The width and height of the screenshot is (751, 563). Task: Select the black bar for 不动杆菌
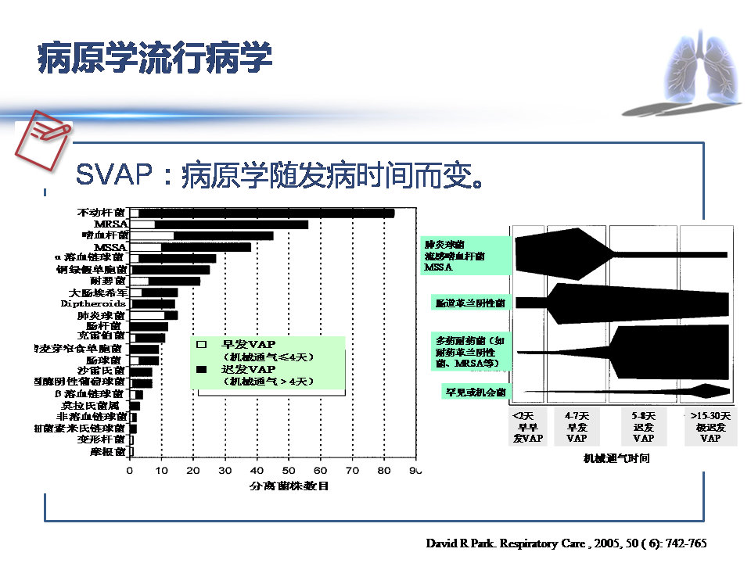coord(266,213)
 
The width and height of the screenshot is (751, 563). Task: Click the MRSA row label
coord(110,224)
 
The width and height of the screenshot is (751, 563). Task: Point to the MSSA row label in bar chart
coord(110,246)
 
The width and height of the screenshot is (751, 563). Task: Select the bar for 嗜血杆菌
coord(223,235)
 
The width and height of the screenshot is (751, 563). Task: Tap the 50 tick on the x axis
coord(289,470)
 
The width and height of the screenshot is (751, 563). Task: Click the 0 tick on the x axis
coord(130,470)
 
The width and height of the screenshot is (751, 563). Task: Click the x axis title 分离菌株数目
coord(289,486)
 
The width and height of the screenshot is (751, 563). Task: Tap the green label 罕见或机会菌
coord(475,392)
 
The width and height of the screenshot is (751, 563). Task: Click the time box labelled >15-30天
coord(710,427)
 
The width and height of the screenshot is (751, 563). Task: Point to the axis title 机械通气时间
coord(616,458)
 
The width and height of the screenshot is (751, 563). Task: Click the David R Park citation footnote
coord(566,542)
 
